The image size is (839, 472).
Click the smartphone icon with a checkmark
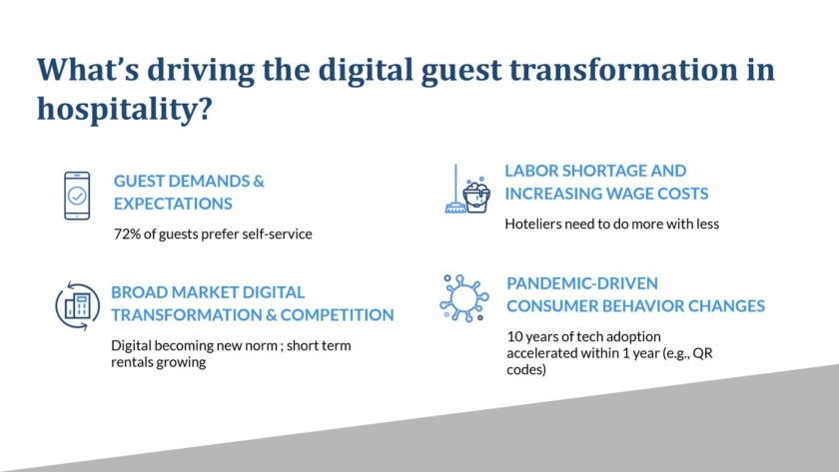pos(77,196)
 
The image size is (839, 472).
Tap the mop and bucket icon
pos(467,189)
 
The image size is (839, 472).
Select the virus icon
pos(463,298)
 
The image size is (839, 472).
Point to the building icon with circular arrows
pos(78,306)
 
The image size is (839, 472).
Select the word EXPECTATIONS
pos(173,204)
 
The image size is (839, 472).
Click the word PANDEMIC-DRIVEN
pos(582,283)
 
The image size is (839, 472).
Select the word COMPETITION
pos(338,315)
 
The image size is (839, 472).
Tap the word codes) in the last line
pos(526,369)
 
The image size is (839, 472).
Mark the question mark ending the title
pos(206,109)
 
